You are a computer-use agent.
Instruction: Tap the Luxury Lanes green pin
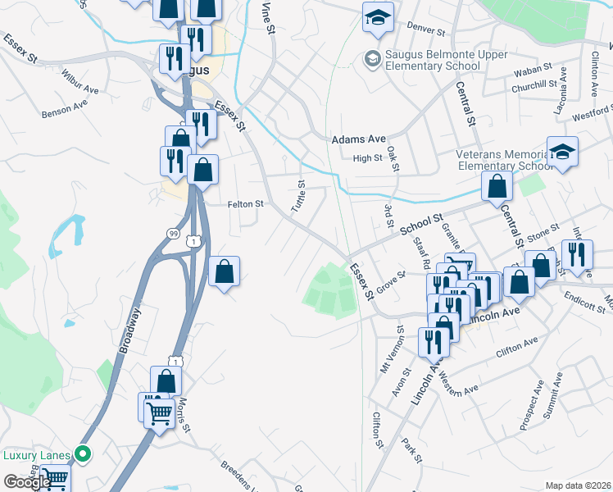point(82,453)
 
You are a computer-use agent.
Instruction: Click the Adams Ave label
point(358,140)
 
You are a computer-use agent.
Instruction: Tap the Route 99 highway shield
point(173,234)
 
